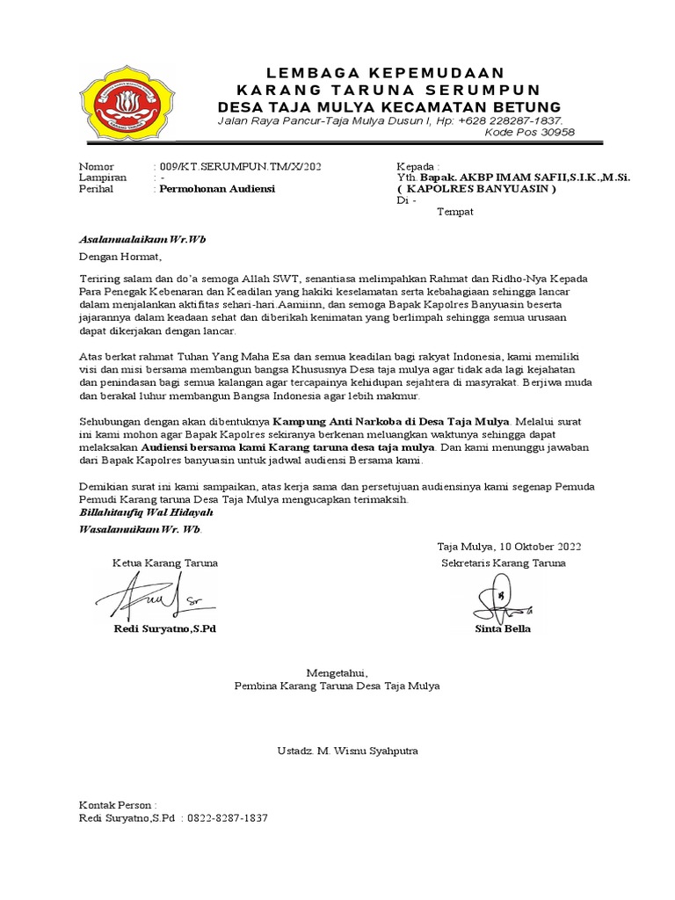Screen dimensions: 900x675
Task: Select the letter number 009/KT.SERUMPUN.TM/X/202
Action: (233, 166)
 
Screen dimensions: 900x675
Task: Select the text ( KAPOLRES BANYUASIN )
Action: (476, 188)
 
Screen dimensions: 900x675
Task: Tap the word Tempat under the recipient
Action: (455, 211)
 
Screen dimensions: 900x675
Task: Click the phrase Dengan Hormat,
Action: (120, 257)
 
